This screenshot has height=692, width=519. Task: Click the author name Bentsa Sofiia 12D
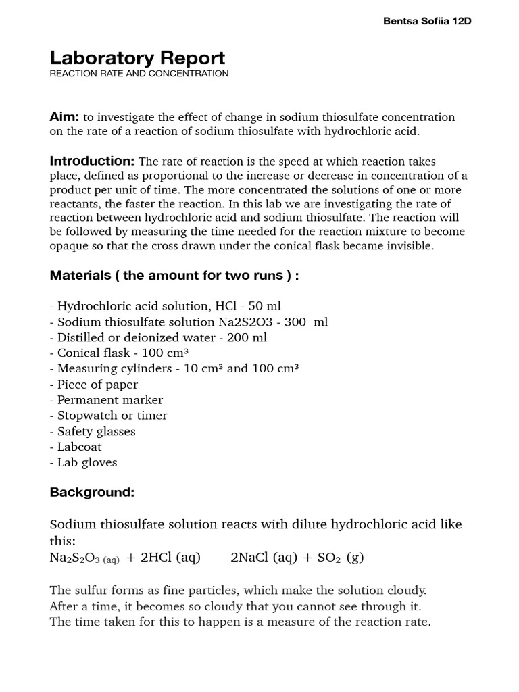coord(427,21)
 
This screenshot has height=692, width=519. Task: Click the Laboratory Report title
coord(137,57)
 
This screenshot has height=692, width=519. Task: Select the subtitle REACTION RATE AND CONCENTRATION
coord(139,73)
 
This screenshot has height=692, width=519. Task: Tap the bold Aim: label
coord(65,117)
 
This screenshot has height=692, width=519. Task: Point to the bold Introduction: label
coord(93,161)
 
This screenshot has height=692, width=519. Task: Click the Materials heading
coord(174,276)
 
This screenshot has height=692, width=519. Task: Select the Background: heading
coord(92,493)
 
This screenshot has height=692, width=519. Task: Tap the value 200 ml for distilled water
coord(247,338)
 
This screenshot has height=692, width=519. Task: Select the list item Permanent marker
coord(110,400)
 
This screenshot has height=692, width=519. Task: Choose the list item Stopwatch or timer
coord(112,416)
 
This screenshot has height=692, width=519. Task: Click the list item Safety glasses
coord(96,431)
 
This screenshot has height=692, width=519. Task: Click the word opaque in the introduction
coord(69,246)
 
